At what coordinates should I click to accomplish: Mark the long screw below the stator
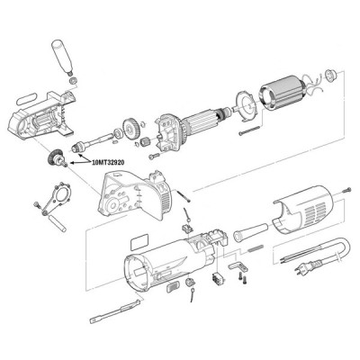[x=252, y=134]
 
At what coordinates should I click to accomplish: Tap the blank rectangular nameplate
[x=141, y=241]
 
